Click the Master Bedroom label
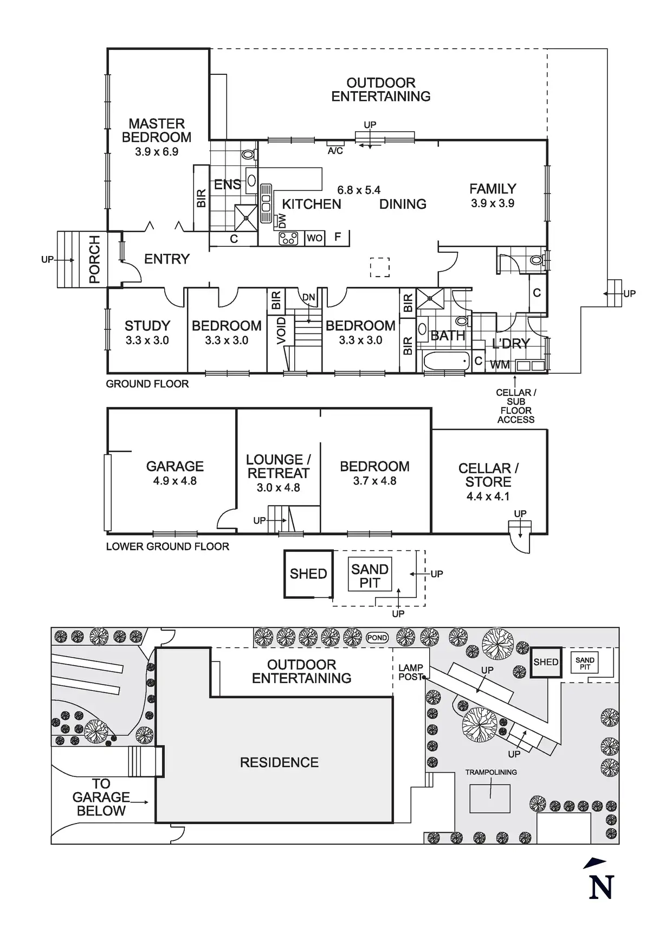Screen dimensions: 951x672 point(156,130)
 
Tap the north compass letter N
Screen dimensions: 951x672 point(601,888)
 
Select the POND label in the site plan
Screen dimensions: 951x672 point(377,638)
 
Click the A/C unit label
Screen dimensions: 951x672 point(335,151)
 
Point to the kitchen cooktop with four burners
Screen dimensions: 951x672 point(288,238)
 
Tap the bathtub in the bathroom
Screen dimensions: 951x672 point(447,361)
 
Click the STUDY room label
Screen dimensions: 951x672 point(147,326)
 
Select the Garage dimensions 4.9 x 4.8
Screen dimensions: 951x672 point(175,481)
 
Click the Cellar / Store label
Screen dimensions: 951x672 point(488,475)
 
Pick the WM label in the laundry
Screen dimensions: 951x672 point(500,365)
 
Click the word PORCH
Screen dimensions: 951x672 point(95,259)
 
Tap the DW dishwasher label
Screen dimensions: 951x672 point(282,221)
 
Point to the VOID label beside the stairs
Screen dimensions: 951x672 point(281,331)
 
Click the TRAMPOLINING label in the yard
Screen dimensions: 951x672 point(491,772)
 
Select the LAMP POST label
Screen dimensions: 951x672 point(410,672)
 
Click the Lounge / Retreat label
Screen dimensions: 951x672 point(278,466)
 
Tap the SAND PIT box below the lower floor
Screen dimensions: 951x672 point(370,576)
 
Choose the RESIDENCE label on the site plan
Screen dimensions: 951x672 point(279,762)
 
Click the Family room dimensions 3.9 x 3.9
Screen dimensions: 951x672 point(493,203)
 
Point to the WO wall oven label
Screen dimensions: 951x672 point(314,238)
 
